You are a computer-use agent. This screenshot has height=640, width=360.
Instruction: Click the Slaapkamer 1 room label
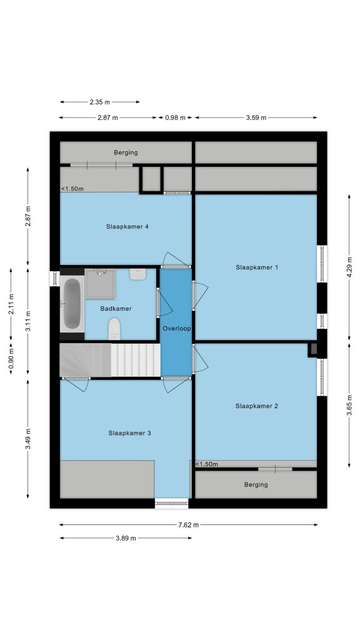(257, 267)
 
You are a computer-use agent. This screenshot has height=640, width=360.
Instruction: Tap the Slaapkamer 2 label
(257, 406)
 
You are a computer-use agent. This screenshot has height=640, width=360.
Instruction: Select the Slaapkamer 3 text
(129, 432)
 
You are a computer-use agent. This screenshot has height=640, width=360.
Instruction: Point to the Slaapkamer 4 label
(127, 226)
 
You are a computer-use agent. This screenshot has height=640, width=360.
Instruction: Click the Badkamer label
(116, 309)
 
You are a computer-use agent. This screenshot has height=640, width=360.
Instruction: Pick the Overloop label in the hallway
(177, 328)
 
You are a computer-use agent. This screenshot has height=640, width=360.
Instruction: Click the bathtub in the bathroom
(72, 304)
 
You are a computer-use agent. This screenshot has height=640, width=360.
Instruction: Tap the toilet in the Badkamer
(115, 329)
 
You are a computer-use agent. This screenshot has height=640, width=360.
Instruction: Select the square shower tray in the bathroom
(100, 283)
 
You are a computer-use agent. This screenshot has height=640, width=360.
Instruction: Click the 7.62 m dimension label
(189, 525)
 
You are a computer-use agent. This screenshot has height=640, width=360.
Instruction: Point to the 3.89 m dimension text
(126, 538)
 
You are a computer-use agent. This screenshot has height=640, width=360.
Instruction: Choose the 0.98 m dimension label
(175, 117)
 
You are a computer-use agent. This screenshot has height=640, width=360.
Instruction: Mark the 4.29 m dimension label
(349, 267)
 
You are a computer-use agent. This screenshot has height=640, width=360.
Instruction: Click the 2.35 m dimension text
(99, 102)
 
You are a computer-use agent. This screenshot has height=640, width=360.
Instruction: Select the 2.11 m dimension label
(11, 304)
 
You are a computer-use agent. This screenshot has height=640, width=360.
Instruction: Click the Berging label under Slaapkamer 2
(256, 484)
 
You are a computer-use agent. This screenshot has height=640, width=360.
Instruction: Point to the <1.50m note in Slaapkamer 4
(72, 189)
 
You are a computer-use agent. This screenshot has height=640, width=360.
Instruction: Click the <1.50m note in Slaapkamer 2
(206, 464)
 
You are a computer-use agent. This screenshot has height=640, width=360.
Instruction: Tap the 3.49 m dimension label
(27, 439)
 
